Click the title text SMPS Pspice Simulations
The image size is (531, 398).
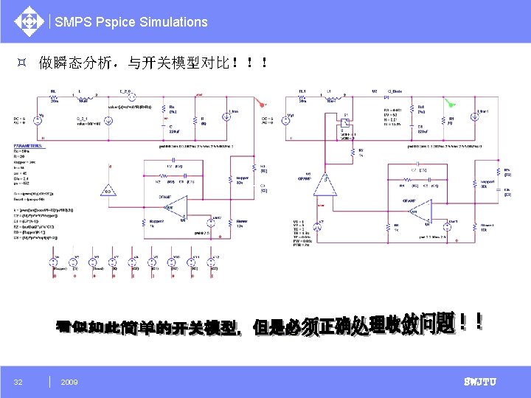pyautogui.click(x=131, y=22)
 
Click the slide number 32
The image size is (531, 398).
pyautogui.click(x=18, y=382)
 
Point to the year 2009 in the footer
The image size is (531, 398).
pyautogui.click(x=69, y=382)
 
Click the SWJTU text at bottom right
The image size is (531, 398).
pyautogui.click(x=479, y=382)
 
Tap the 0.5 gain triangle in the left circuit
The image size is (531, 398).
pyautogui.click(x=109, y=190)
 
